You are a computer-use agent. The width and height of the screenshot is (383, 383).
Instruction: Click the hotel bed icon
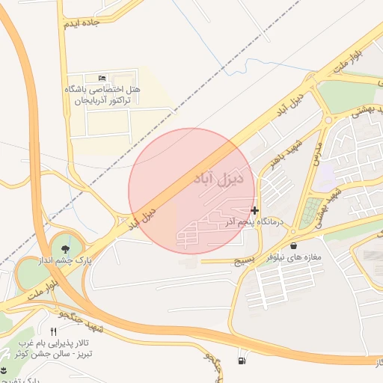tap(102, 78)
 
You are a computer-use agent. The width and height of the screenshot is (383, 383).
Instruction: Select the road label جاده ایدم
tap(82, 24)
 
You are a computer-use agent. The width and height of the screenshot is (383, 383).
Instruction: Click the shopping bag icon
tap(292, 245)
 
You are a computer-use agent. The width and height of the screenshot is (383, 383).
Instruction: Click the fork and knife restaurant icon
tap(52, 331)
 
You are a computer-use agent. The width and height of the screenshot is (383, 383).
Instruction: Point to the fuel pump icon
tap(241, 362)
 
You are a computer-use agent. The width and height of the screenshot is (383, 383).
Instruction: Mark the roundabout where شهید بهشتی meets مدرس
tap(328, 120)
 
